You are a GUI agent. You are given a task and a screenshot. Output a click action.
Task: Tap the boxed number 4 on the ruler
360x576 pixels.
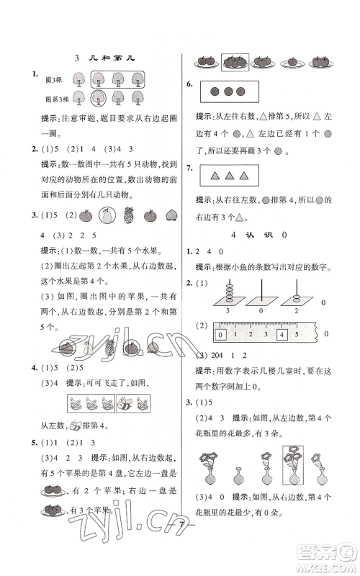click(284, 334)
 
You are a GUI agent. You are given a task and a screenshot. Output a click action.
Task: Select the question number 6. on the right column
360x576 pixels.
click(189, 84)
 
